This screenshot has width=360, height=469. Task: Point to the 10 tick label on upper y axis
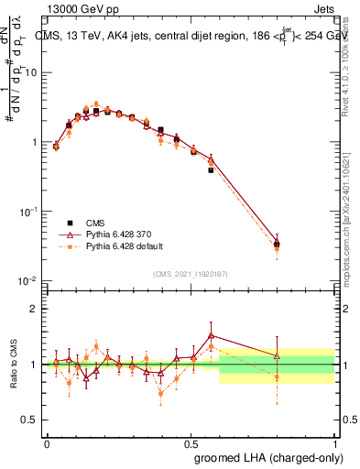pyautogui.click(x=32, y=72)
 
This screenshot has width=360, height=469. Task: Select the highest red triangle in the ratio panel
pyautogui.click(x=211, y=335)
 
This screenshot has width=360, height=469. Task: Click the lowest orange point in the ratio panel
pyautogui.click(x=161, y=394)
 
